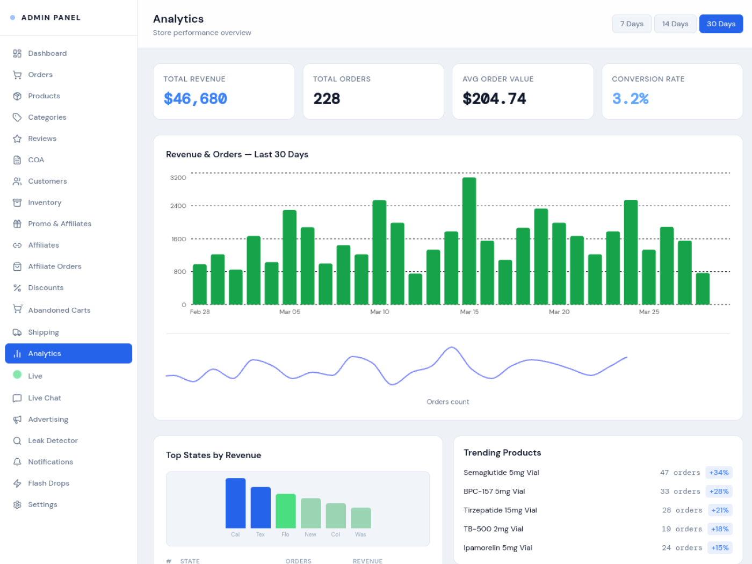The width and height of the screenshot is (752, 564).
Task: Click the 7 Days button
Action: click(x=632, y=24)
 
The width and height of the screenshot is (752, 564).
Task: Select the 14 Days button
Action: click(x=675, y=24)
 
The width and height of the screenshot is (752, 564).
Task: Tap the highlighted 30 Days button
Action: click(x=721, y=24)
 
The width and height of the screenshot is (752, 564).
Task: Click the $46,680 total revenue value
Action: click(x=196, y=99)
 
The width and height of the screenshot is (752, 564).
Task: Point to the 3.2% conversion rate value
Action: click(x=630, y=99)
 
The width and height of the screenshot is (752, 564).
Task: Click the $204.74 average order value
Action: click(x=494, y=99)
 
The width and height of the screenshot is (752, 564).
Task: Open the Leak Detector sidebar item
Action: click(x=53, y=440)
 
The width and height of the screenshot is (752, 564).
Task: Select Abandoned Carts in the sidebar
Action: click(x=59, y=310)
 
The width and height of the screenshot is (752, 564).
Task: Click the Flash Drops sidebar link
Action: click(x=48, y=483)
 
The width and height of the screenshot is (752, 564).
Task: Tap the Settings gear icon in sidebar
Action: click(x=17, y=504)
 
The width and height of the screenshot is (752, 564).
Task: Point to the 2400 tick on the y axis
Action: click(x=178, y=206)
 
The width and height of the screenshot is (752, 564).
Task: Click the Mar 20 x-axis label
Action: click(x=559, y=312)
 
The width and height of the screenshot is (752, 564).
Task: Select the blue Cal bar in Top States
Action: click(x=235, y=503)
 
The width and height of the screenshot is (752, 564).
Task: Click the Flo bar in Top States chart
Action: click(x=285, y=510)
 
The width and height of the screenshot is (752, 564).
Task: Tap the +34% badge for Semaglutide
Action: click(x=719, y=473)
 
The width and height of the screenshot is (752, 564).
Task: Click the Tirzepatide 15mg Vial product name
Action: click(x=500, y=510)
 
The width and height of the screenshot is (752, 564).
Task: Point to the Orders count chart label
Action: click(x=447, y=402)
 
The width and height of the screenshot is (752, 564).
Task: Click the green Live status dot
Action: click(x=17, y=375)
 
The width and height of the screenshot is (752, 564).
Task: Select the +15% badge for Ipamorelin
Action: click(x=720, y=548)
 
